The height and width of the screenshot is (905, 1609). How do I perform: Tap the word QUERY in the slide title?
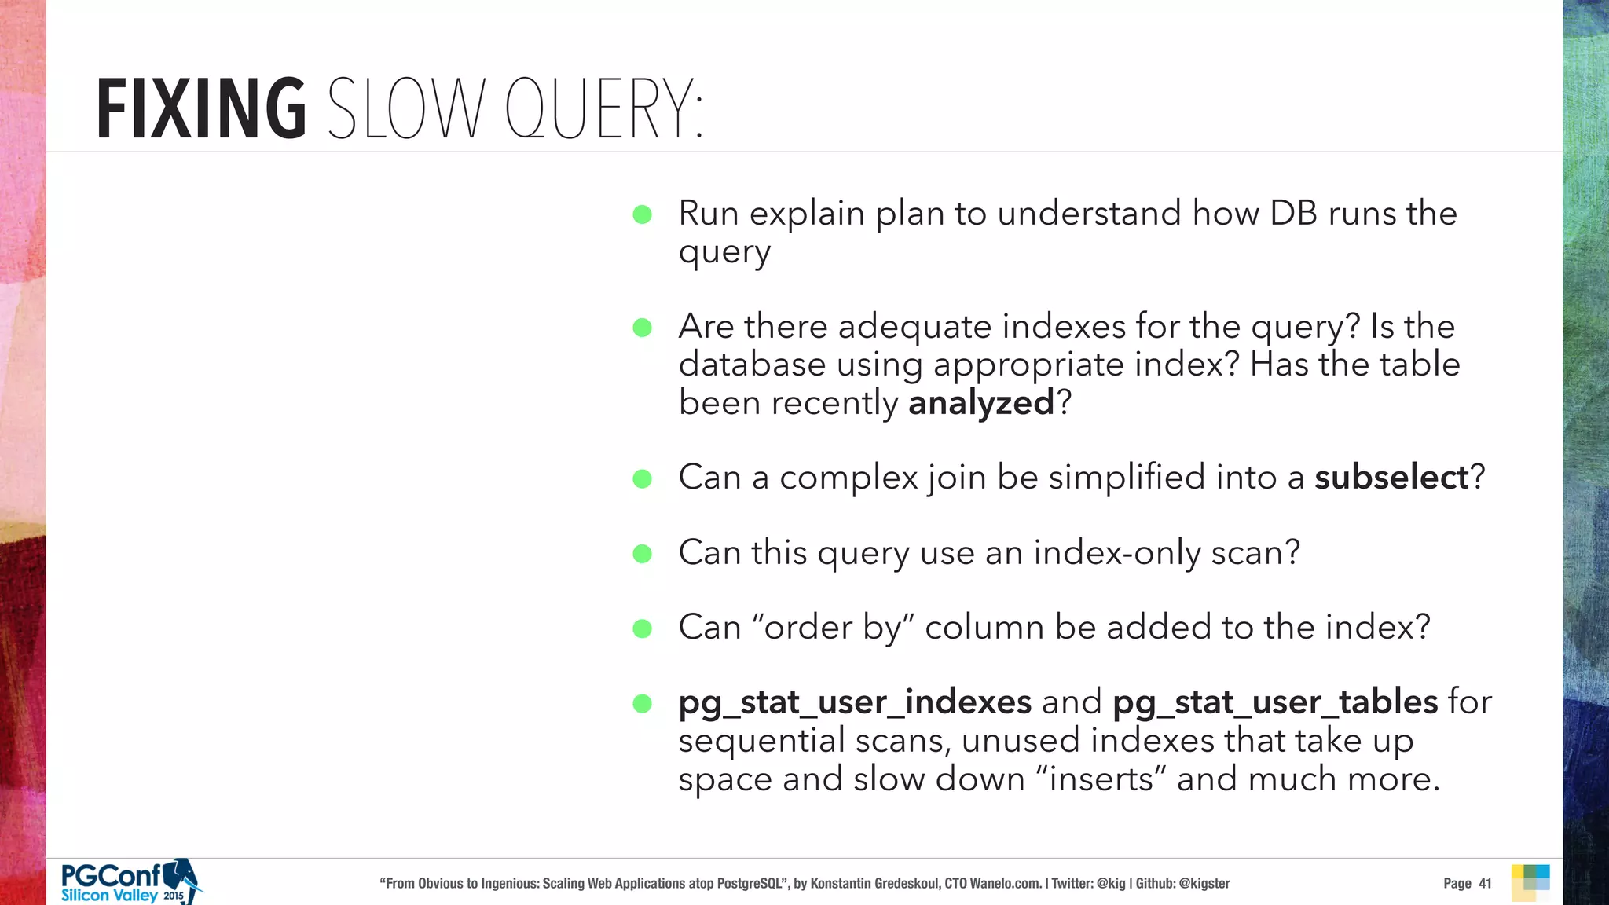603,110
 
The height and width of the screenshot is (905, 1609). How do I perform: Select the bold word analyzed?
980,404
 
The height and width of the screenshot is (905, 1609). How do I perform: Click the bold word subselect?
1391,478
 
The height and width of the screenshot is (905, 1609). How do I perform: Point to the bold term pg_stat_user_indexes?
855,702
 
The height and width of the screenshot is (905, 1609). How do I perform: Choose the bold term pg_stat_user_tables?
1275,702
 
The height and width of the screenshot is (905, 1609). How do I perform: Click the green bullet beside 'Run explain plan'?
642,214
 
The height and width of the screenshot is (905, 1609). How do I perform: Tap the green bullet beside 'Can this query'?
642,554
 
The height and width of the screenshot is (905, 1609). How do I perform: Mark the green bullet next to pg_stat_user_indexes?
642,703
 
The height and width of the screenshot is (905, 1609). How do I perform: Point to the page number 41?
1485,884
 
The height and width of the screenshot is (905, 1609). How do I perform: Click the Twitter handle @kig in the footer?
1111,884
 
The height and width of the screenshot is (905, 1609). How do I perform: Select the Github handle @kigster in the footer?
1204,884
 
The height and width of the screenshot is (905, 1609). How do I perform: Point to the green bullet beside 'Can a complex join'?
642,478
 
